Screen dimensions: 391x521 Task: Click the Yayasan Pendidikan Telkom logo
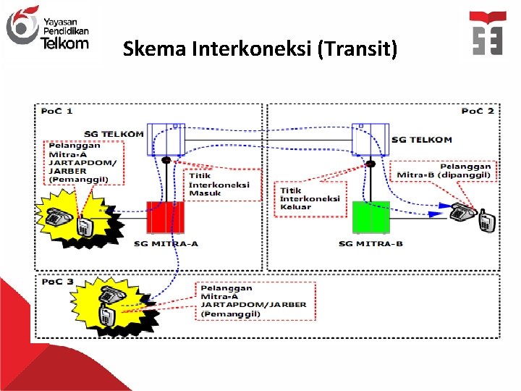tap(47, 28)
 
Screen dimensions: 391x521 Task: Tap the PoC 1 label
tap(56, 111)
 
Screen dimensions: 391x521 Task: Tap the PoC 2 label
tap(478, 111)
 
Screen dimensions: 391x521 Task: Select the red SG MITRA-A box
tap(166, 216)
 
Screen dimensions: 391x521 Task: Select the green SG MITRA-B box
tap(370, 216)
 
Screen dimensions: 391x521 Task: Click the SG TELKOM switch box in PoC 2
tap(370, 139)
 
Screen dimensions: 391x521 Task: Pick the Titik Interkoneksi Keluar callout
tap(311, 196)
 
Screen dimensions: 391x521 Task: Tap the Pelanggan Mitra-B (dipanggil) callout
tap(444, 170)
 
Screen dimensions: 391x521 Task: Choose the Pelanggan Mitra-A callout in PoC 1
tap(82, 161)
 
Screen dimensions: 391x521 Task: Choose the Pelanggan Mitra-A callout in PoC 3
tap(254, 300)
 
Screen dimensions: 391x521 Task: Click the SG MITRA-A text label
tap(166, 244)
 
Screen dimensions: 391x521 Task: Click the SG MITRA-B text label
tap(370, 244)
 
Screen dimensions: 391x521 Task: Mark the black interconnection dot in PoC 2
tap(370, 164)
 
